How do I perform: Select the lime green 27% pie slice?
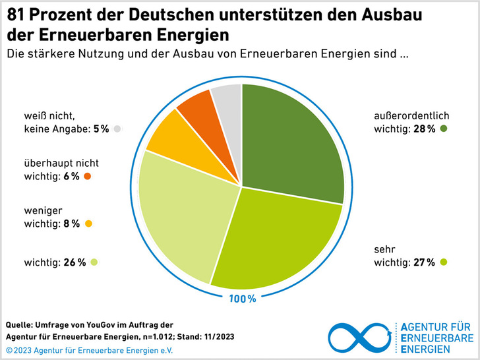(277, 237)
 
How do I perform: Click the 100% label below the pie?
(243, 299)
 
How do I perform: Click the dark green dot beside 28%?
(444, 129)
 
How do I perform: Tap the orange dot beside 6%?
(87, 176)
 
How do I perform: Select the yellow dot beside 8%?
(88, 224)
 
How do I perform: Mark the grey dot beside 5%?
(117, 129)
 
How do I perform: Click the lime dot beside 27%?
(444, 262)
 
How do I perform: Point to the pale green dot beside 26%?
(94, 262)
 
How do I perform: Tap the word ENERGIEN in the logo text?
(428, 348)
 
